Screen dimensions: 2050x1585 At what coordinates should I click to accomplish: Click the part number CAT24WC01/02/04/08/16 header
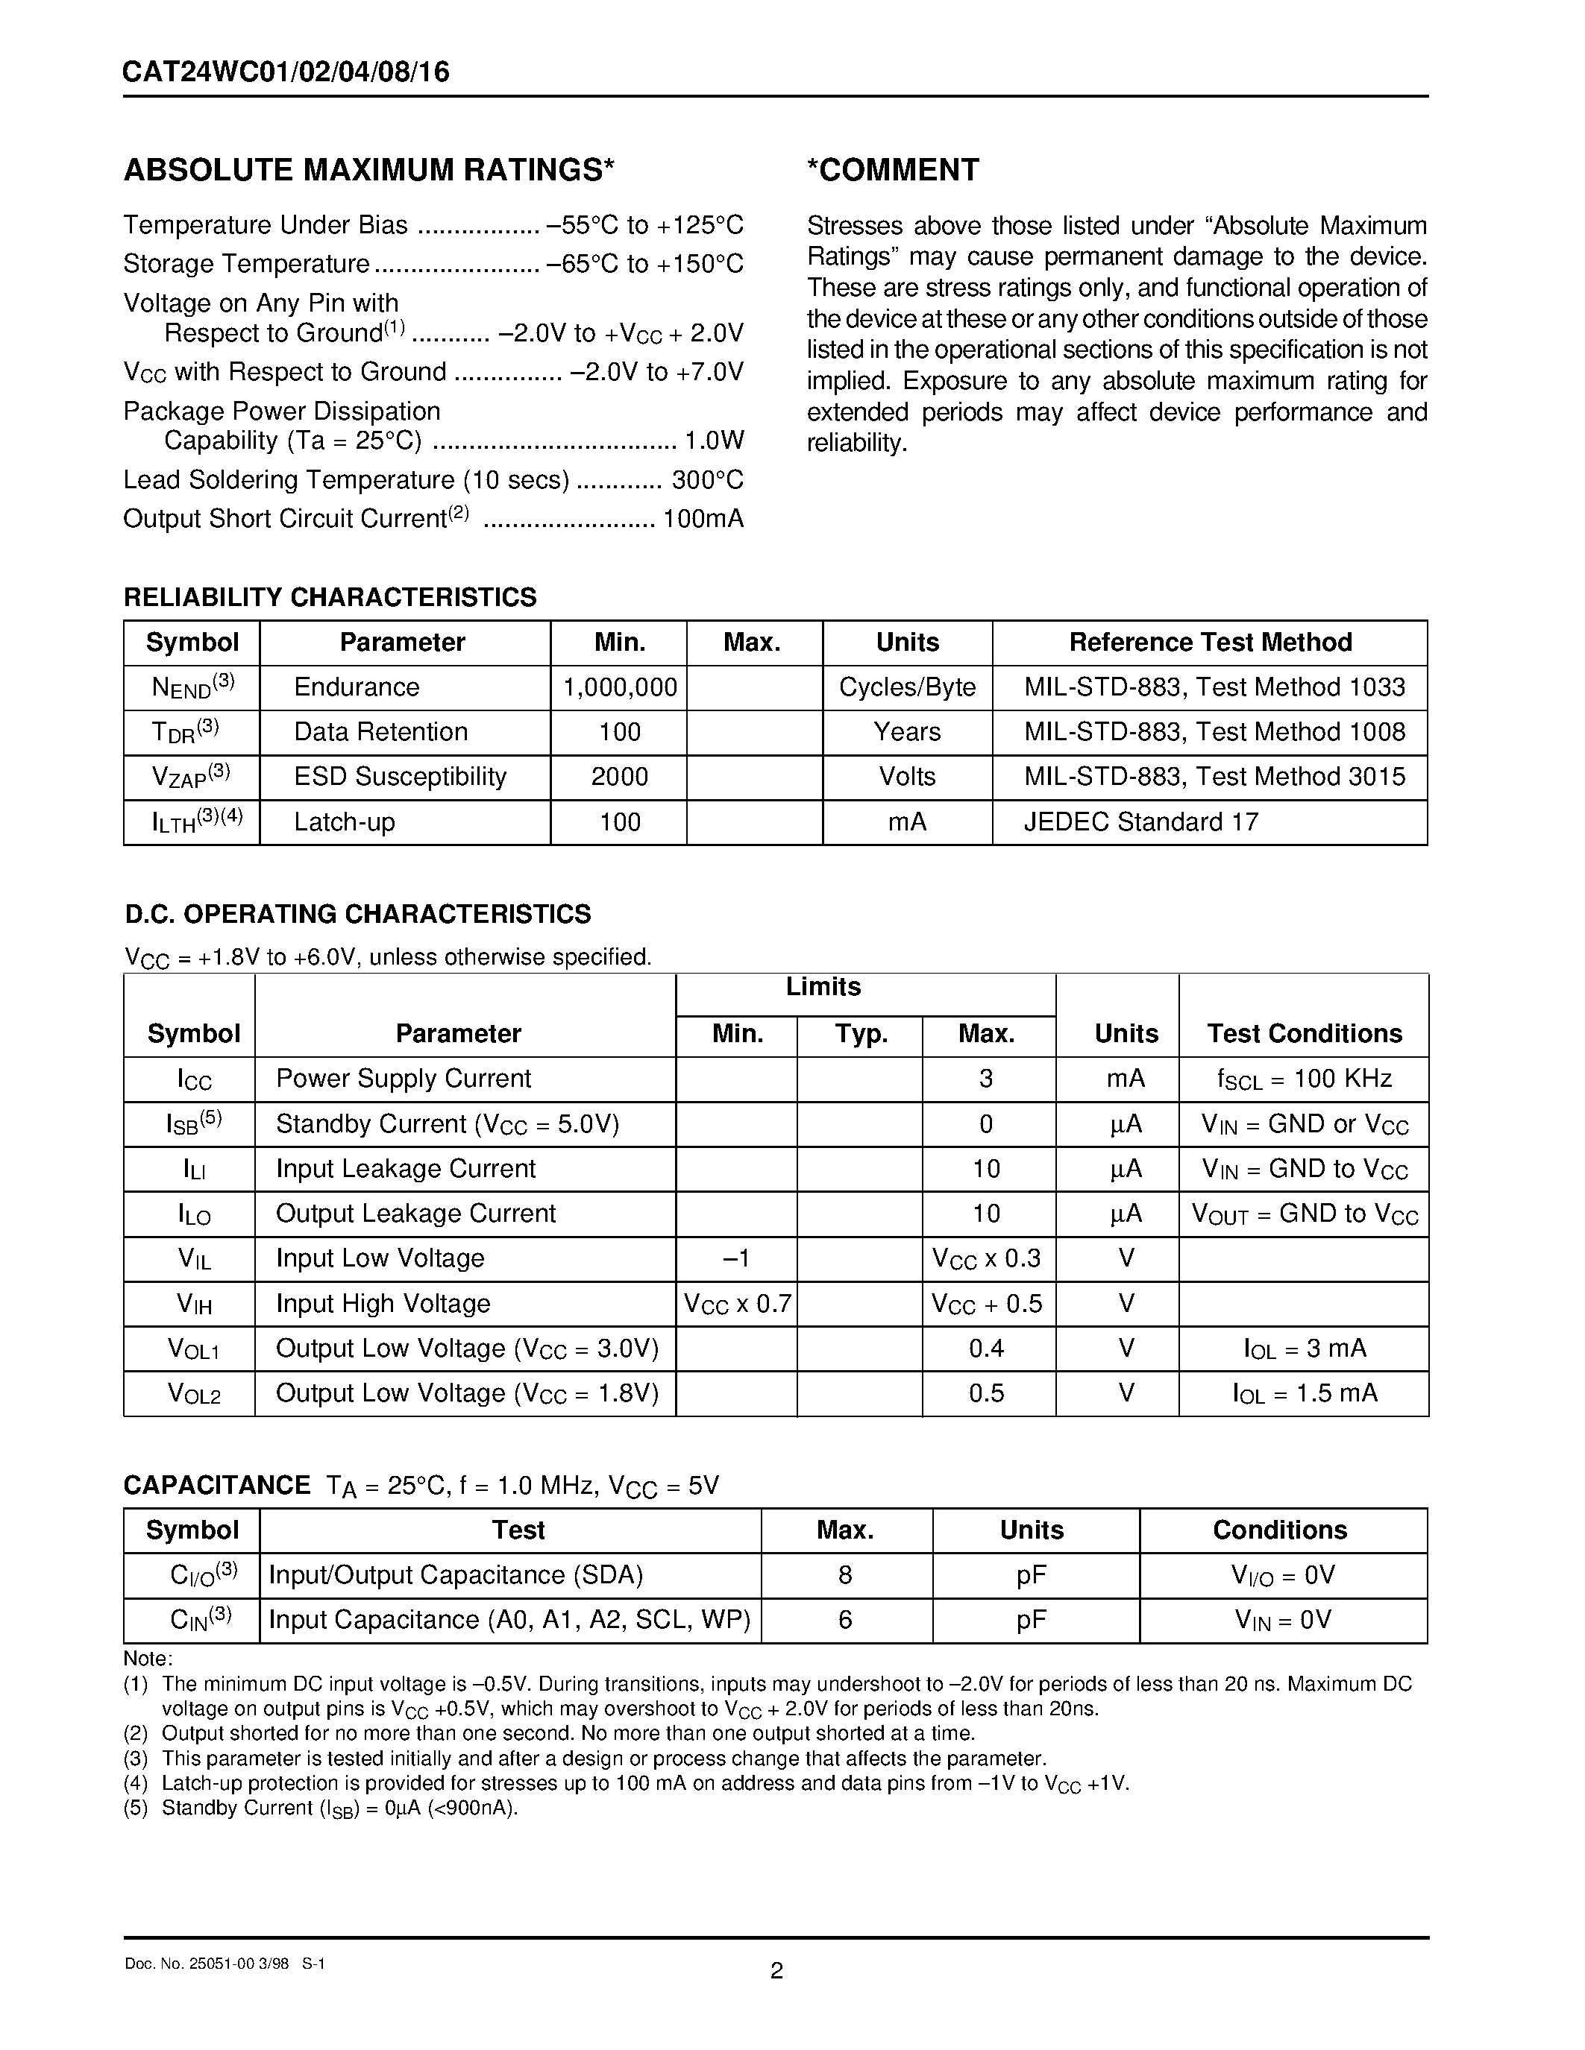tap(286, 72)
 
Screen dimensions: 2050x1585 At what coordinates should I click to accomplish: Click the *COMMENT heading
tap(893, 170)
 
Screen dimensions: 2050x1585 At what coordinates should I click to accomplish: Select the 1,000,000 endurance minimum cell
tap(620, 688)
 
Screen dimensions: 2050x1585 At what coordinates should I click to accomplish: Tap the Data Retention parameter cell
tap(380, 732)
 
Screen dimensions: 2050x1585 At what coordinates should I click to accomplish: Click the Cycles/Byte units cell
tap(907, 688)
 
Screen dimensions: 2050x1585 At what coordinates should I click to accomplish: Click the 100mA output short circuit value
tap(703, 519)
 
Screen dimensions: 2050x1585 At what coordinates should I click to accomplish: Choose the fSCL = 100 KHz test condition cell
tap(1305, 1079)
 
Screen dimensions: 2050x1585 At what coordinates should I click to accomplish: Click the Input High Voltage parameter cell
tap(383, 1304)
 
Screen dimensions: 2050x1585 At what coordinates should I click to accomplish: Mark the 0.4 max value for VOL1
tap(986, 1349)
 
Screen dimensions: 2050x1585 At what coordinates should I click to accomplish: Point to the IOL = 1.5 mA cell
tap(1305, 1394)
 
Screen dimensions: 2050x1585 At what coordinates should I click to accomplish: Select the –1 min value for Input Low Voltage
tap(737, 1259)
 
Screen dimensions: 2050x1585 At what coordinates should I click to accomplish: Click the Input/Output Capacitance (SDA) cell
tap(456, 1575)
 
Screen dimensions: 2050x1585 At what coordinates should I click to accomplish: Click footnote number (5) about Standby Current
tap(136, 1808)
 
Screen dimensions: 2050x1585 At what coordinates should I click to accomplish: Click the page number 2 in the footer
tap(776, 1971)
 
